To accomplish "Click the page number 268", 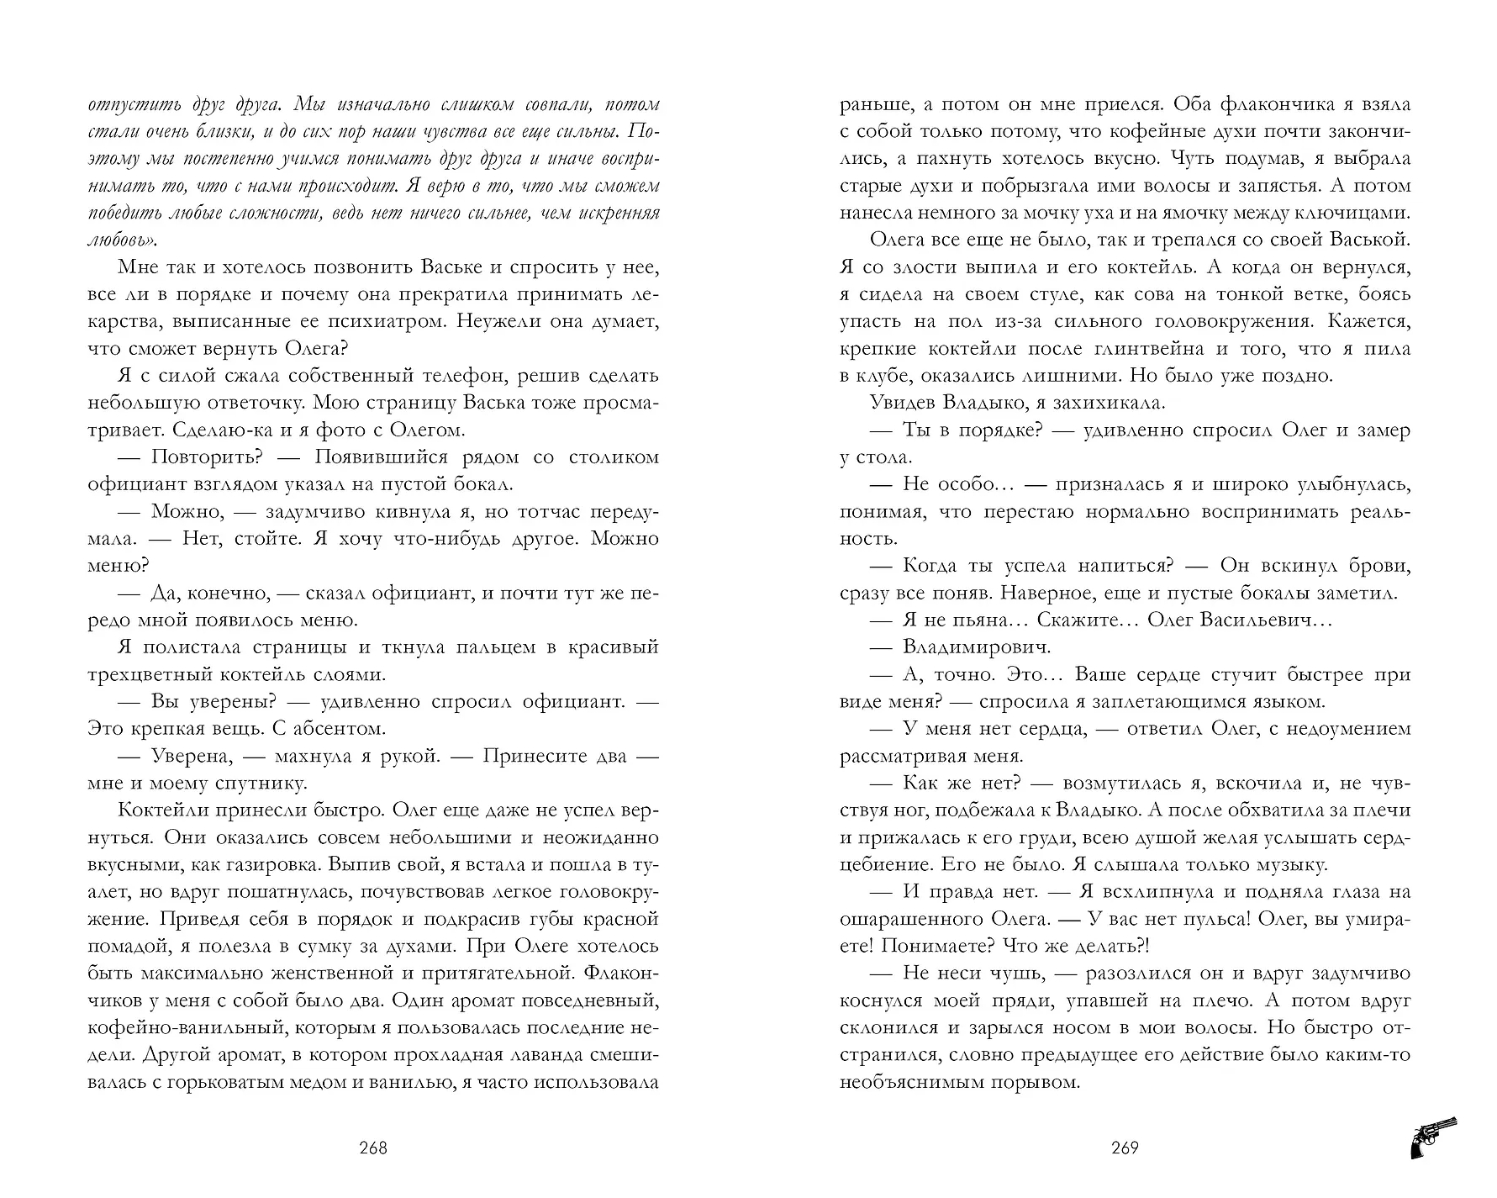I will pyautogui.click(x=372, y=1148).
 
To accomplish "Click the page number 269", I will pyautogui.click(x=1124, y=1148).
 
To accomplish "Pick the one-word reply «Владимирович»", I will pyautogui.click(x=977, y=647).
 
